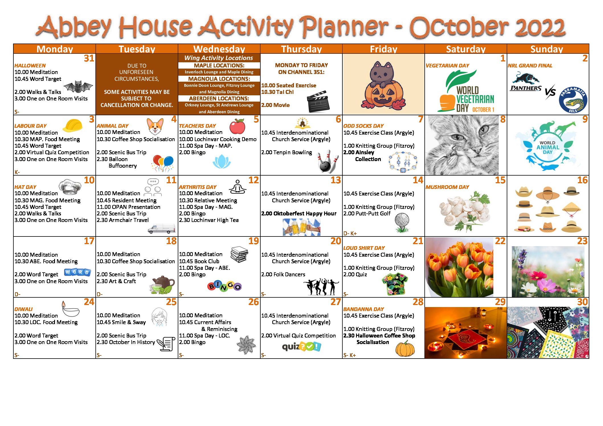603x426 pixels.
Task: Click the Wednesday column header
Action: pos(219,49)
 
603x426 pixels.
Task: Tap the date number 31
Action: pos(89,58)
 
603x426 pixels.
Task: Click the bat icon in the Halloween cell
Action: pos(78,87)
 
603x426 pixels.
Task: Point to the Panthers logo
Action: pos(526,82)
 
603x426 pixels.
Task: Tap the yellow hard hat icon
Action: pos(72,125)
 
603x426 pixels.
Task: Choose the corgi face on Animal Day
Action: pos(155,126)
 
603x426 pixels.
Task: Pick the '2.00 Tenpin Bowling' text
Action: pos(286,153)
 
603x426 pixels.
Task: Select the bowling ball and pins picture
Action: pos(328,161)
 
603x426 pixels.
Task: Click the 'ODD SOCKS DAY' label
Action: pos(363,126)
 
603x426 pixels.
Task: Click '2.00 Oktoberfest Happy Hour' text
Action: pos(299,213)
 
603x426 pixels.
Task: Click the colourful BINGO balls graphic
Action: pos(224,286)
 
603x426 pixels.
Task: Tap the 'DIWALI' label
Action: pos(23,309)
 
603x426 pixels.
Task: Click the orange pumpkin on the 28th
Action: pos(405,349)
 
